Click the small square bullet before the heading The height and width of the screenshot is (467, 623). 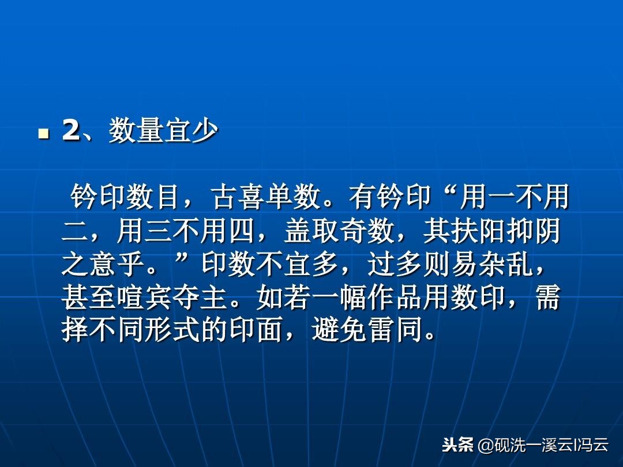tap(42, 134)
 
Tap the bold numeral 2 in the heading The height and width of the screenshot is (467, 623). tap(70, 132)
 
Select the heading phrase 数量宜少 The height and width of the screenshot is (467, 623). tap(163, 132)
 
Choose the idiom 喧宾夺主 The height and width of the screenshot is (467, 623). tap(174, 298)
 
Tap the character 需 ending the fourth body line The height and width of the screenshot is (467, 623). tap(548, 298)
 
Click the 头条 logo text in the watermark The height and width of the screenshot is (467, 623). tap(457, 445)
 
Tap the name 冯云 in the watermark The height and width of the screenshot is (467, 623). tap(594, 445)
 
